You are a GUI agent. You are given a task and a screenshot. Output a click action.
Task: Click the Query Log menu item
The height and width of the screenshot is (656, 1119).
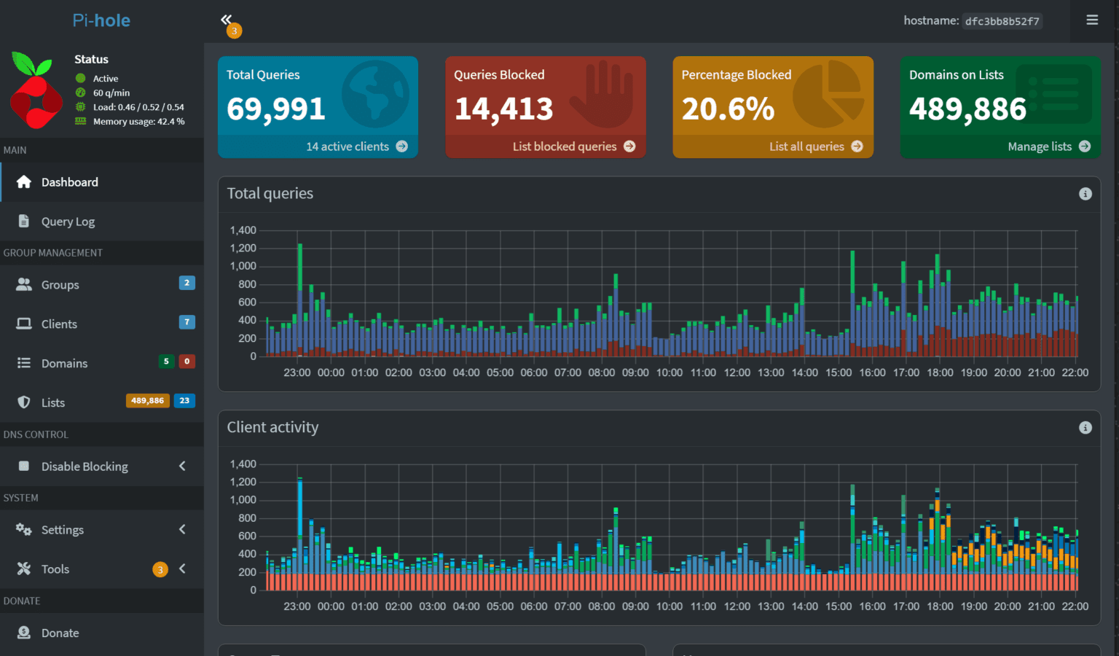point(68,222)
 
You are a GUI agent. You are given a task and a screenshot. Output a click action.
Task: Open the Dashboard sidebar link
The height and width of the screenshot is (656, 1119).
point(69,182)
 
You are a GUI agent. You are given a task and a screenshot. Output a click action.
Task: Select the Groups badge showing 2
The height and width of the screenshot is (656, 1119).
point(186,283)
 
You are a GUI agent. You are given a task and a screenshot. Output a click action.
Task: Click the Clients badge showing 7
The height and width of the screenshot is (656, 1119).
point(186,322)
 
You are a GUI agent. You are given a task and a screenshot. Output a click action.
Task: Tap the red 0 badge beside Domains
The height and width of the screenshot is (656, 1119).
point(186,362)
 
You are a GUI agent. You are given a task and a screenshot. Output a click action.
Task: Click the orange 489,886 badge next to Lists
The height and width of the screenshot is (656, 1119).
point(147,401)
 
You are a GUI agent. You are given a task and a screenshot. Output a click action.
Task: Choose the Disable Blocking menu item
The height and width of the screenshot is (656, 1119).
point(85,466)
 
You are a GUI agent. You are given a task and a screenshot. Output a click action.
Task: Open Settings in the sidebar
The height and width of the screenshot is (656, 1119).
point(62,530)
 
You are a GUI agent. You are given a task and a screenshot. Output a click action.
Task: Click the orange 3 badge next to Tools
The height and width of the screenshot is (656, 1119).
point(160,570)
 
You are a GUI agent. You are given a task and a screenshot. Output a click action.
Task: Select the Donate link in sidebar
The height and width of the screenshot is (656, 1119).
point(60,633)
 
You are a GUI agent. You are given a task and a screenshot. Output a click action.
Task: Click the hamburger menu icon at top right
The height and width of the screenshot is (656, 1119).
point(1091,20)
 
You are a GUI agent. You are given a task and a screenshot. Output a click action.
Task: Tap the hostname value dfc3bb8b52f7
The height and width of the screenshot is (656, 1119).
point(1002,21)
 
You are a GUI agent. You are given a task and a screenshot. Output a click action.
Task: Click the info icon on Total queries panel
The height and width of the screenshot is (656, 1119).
point(1085,194)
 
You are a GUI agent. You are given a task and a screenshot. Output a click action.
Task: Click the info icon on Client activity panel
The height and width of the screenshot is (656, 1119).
point(1085,428)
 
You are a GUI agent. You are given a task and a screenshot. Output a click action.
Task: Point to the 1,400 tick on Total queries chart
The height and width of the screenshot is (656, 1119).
point(243,230)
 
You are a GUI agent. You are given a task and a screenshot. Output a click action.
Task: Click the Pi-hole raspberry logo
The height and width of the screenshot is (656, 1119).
point(35,90)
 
